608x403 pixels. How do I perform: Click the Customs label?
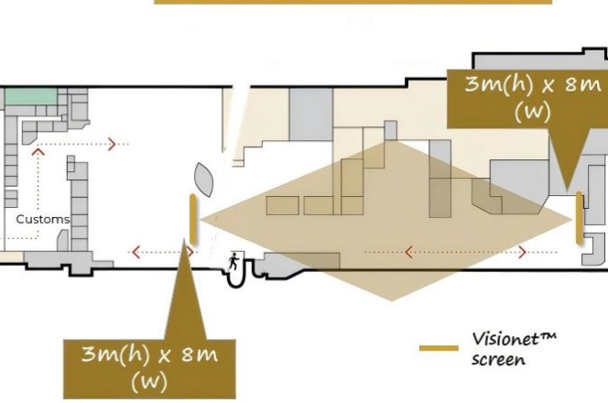(42, 220)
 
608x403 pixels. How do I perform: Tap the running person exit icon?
(233, 261)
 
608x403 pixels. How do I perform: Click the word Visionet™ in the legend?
(514, 339)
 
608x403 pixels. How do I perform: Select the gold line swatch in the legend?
(438, 348)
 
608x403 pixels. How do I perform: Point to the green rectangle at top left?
(28, 95)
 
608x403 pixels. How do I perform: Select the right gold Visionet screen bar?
(579, 218)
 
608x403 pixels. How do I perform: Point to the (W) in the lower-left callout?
(149, 380)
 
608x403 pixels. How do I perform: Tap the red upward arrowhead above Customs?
(38, 152)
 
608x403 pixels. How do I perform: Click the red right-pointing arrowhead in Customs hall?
(113, 144)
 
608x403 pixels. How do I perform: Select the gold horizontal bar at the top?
(353, 2)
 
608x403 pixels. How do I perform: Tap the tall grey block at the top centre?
(311, 114)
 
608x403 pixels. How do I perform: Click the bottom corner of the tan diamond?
(392, 300)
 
